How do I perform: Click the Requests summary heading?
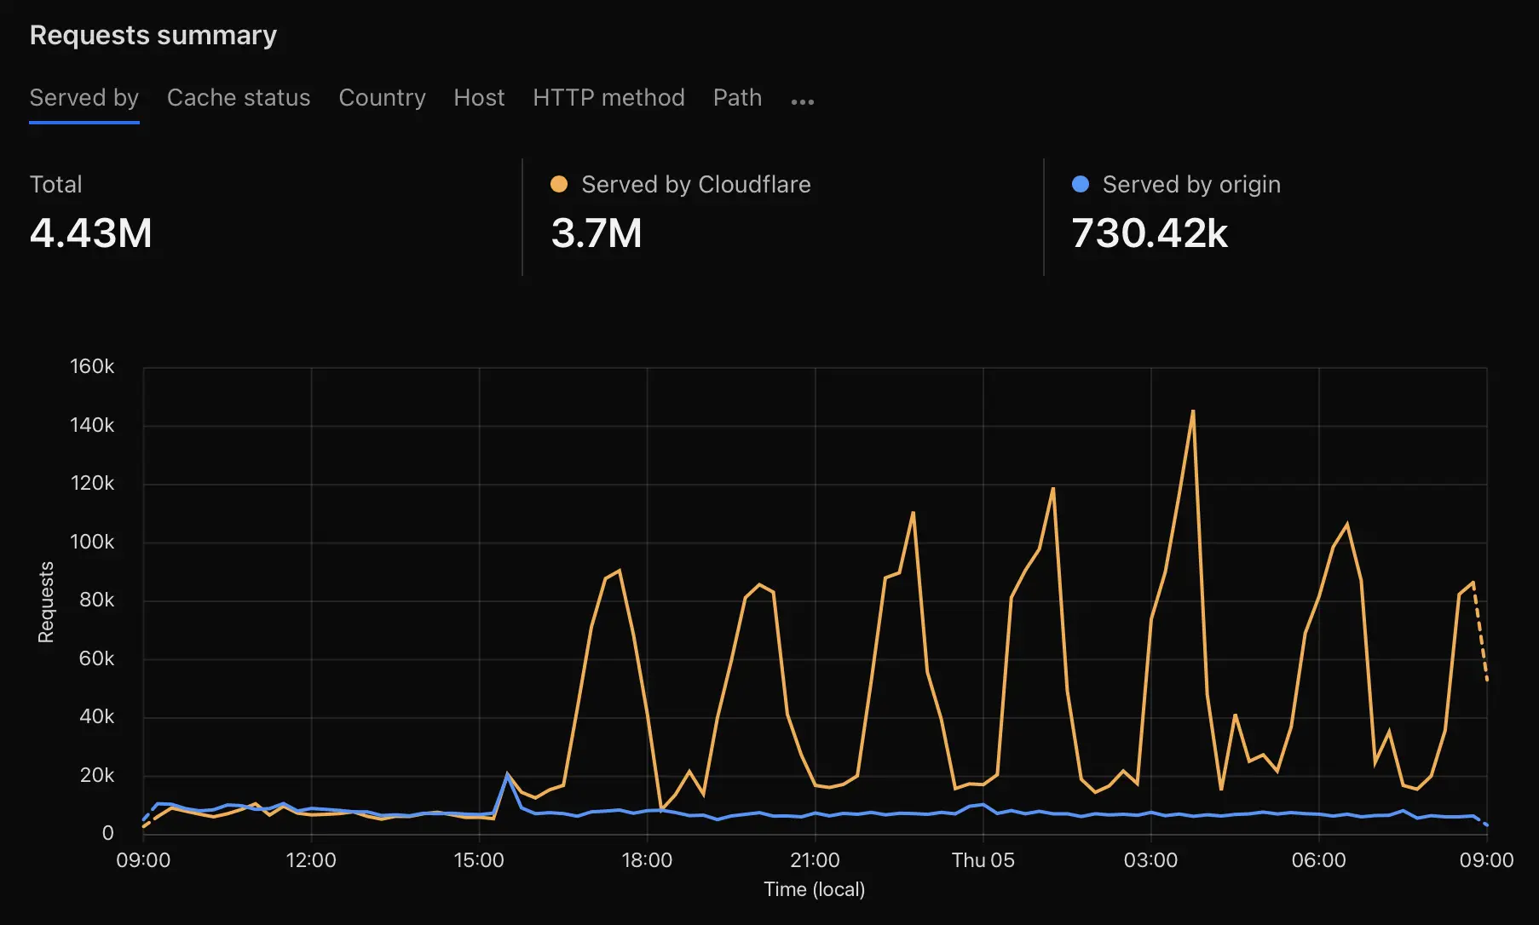(x=153, y=36)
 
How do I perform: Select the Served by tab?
(x=84, y=98)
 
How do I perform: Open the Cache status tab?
(x=239, y=98)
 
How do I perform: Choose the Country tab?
(x=382, y=98)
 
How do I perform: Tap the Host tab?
(x=479, y=98)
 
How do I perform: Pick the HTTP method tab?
(x=608, y=98)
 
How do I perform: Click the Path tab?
(x=737, y=98)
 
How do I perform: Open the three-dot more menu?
(x=802, y=102)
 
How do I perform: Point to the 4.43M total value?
(x=91, y=233)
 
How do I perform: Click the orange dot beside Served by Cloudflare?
(x=559, y=184)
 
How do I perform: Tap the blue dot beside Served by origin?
(x=1080, y=184)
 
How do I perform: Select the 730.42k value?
(x=1150, y=233)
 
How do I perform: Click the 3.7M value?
(x=597, y=233)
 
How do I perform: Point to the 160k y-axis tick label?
(x=92, y=367)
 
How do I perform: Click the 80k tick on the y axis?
(x=96, y=600)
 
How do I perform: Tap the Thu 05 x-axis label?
(x=983, y=860)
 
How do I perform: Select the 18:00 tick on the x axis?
(x=647, y=860)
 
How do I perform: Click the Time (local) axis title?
(x=814, y=890)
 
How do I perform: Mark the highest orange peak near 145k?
(x=1192, y=411)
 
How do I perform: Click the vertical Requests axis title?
(x=46, y=602)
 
